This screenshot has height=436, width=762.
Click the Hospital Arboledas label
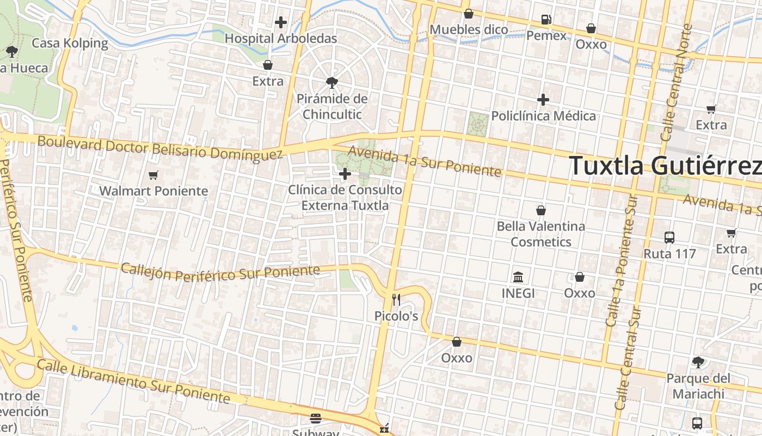(x=281, y=39)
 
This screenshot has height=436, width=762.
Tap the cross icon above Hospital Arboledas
(x=281, y=22)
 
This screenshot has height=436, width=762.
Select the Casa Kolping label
(x=70, y=43)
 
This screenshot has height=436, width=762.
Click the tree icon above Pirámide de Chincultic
(x=331, y=83)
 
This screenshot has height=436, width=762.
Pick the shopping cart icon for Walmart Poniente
(x=153, y=175)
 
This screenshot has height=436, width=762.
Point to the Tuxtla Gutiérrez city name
(x=665, y=166)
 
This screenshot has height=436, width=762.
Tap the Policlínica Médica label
(x=543, y=116)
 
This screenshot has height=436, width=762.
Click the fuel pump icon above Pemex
(x=546, y=20)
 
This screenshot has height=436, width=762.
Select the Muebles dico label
(x=469, y=29)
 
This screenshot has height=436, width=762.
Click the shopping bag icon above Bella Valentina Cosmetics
(x=541, y=210)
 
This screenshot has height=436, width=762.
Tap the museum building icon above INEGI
(x=518, y=277)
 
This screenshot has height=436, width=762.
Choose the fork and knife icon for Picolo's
(x=396, y=299)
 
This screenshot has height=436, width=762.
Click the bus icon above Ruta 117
(x=669, y=238)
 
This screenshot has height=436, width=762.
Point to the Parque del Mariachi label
(x=698, y=386)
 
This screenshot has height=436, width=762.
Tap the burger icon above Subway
(x=316, y=419)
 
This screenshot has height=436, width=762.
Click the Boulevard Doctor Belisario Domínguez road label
(x=160, y=148)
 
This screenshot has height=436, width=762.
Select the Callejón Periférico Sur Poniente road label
(x=220, y=271)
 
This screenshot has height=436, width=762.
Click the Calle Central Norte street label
(x=677, y=82)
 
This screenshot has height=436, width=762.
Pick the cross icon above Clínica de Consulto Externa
(x=345, y=174)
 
